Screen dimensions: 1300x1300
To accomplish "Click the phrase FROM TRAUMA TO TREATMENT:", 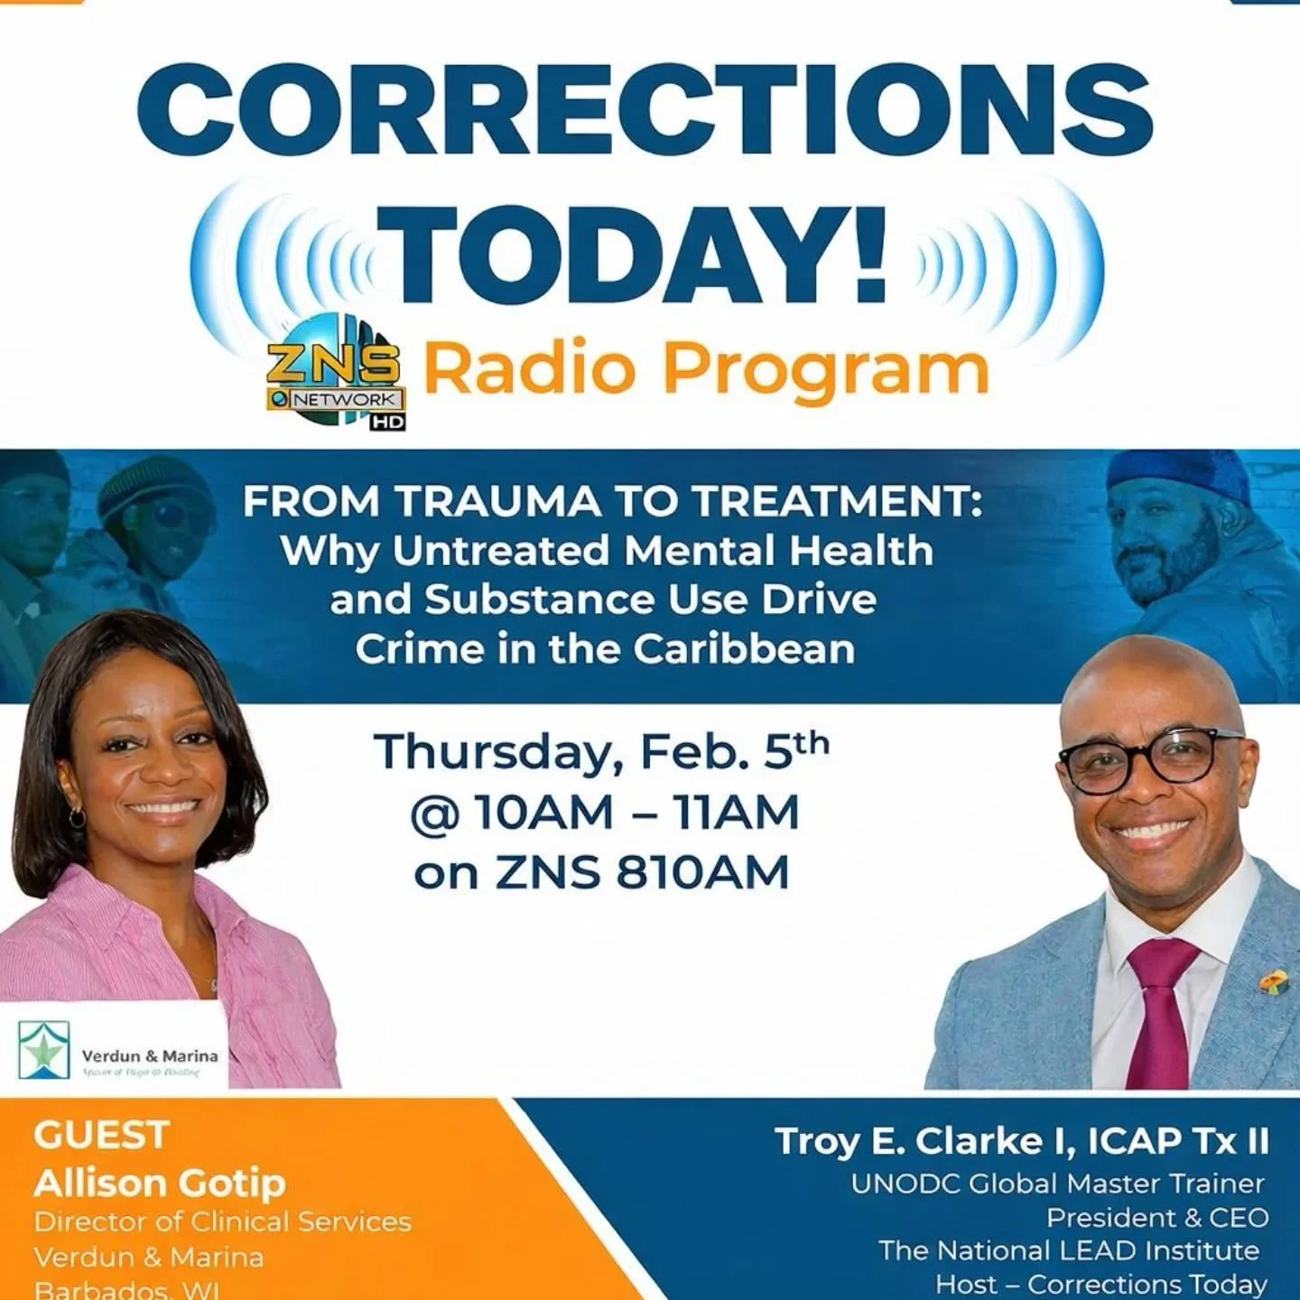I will pos(612,502).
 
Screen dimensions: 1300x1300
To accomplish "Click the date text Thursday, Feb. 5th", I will pos(600,753).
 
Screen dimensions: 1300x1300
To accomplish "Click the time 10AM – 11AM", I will pos(636,812).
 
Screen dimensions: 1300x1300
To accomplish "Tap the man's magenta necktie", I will pos(1159,1011).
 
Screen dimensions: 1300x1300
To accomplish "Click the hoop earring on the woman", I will pos(77,818).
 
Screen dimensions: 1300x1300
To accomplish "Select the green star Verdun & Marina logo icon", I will pos(44,1051).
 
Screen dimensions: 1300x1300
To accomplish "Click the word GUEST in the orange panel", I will pos(102,1135).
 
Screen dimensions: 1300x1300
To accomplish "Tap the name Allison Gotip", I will pos(160,1182).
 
